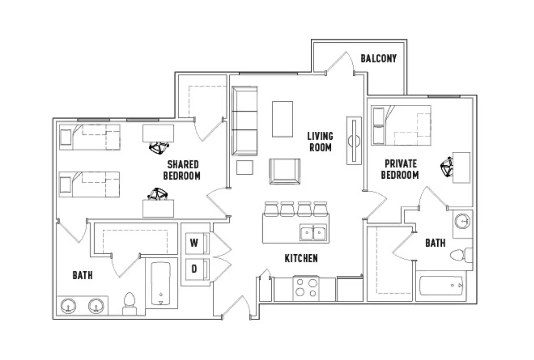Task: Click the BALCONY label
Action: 378,58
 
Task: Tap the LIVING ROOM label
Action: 320,142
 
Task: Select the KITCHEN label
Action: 301,258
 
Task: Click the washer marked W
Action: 197,243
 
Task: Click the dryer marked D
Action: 197,269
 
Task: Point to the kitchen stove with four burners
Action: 306,288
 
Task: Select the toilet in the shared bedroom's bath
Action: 129,303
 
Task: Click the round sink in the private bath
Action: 462,221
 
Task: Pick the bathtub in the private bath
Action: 441,286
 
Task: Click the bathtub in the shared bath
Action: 161,283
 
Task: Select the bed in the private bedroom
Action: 401,125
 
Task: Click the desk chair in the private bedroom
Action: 447,167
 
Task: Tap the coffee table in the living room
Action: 282,119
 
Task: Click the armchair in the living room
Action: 285,171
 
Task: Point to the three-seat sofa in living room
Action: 244,121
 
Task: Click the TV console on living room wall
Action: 354,140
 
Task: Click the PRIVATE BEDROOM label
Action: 400,169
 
